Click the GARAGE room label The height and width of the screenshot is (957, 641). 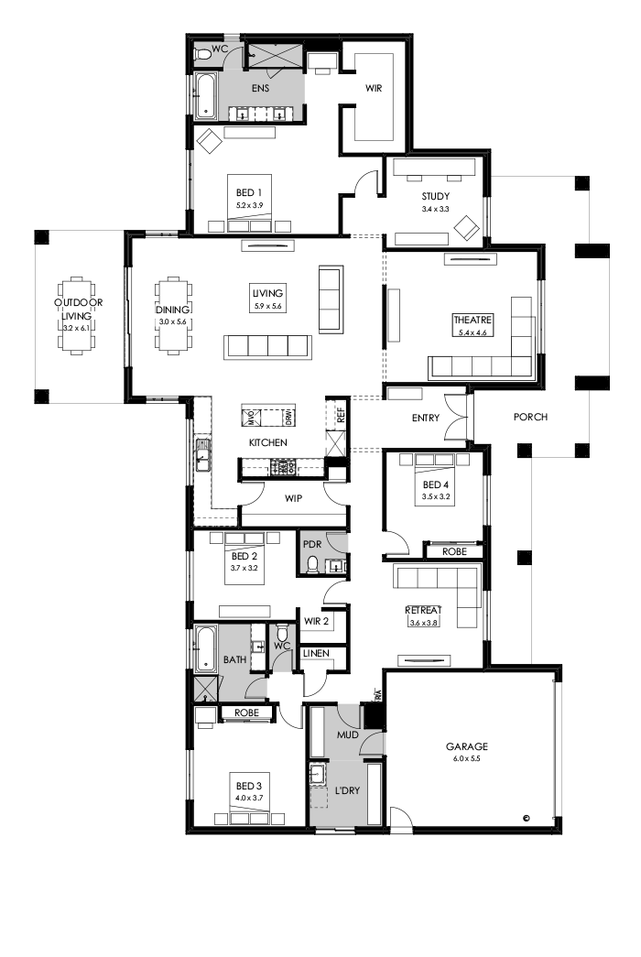click(x=467, y=746)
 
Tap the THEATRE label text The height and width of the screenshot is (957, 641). click(x=473, y=321)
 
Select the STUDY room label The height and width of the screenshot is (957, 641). click(x=437, y=197)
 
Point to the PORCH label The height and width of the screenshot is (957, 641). click(x=529, y=418)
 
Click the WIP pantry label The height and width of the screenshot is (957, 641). click(x=294, y=500)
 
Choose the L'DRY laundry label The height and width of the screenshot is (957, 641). click(x=347, y=790)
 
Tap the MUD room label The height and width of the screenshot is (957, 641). click(x=346, y=734)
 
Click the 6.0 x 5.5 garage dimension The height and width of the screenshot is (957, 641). click(x=467, y=759)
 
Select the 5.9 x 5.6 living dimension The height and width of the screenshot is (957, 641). click(x=269, y=306)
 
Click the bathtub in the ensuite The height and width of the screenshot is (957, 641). click(x=204, y=96)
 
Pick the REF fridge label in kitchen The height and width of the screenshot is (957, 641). click(x=341, y=414)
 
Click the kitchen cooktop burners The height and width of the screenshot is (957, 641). click(x=282, y=467)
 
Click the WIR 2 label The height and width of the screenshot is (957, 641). click(x=316, y=621)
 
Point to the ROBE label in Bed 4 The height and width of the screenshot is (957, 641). click(x=453, y=552)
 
